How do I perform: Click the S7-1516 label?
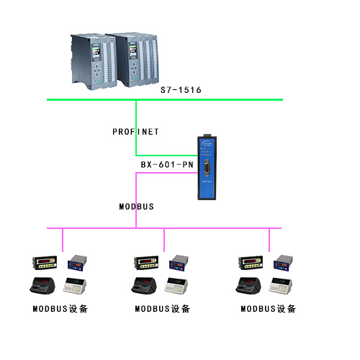click(x=180, y=90)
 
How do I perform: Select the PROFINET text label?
click(x=135, y=132)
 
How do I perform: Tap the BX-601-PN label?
click(x=167, y=165)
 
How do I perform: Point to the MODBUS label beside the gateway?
click(x=136, y=206)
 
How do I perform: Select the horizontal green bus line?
click(x=216, y=99)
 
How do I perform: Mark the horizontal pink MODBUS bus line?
click(x=216, y=228)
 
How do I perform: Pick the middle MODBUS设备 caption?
click(x=163, y=309)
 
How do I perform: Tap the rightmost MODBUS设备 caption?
click(x=268, y=309)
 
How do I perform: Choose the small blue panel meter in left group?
click(x=76, y=264)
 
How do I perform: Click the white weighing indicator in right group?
click(x=282, y=285)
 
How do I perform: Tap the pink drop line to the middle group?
click(x=165, y=240)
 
